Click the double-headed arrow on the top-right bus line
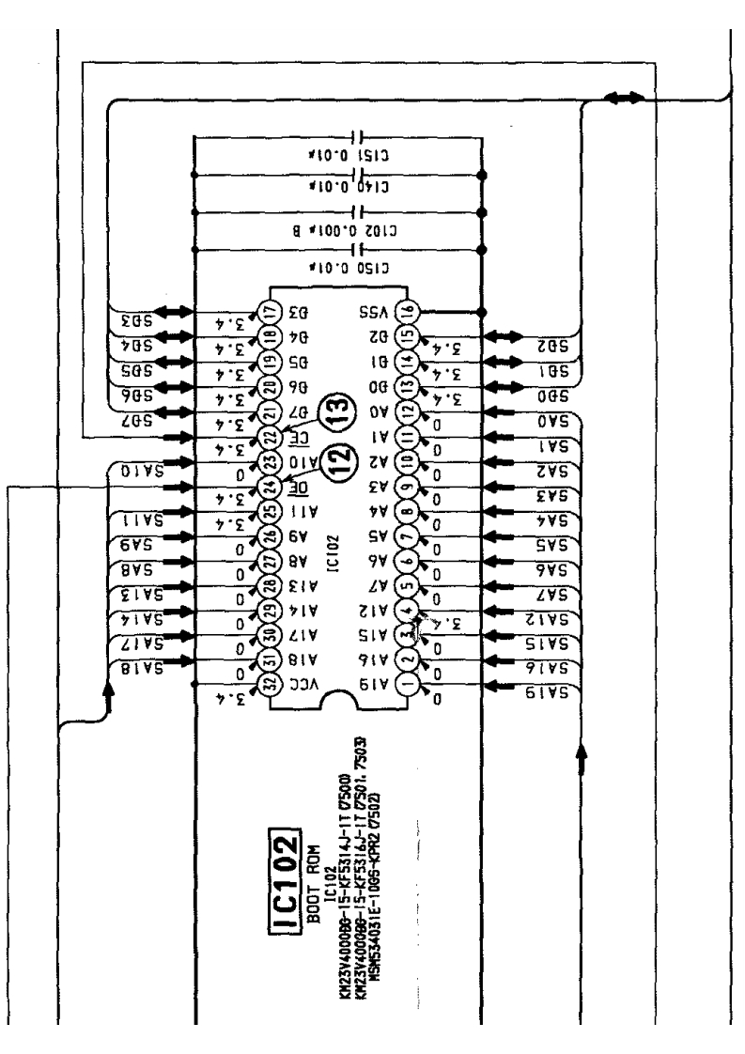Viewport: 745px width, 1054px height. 624,97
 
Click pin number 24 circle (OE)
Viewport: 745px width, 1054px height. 269,486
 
